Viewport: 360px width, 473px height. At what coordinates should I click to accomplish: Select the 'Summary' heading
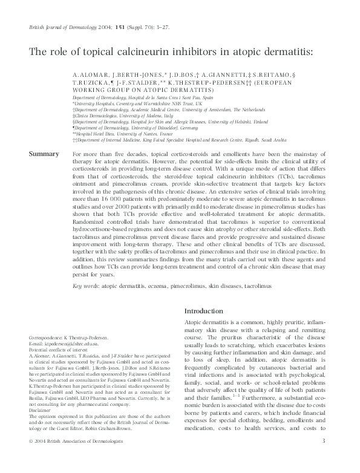coord(44,155)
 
